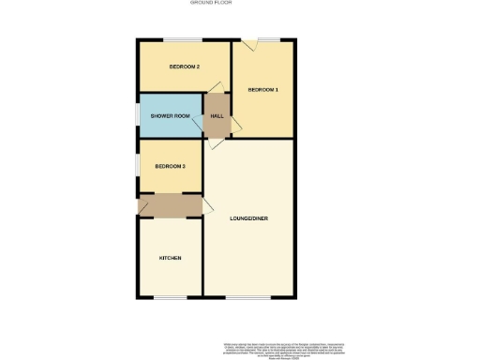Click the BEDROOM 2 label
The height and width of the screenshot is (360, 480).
coord(185,67)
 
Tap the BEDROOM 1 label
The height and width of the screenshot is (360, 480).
coord(262,90)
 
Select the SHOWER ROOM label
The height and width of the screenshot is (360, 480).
coord(171,116)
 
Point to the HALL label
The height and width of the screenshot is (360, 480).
coord(217,116)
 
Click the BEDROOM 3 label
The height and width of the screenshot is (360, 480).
coord(170,166)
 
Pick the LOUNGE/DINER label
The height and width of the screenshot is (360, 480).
coord(249,218)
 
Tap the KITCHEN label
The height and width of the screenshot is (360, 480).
coord(170,258)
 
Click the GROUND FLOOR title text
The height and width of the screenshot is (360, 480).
coord(211,4)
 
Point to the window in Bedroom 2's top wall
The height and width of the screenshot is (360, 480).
coord(185,40)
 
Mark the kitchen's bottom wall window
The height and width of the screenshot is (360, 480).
coord(170,297)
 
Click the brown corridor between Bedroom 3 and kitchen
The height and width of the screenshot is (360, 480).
coord(170,203)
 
